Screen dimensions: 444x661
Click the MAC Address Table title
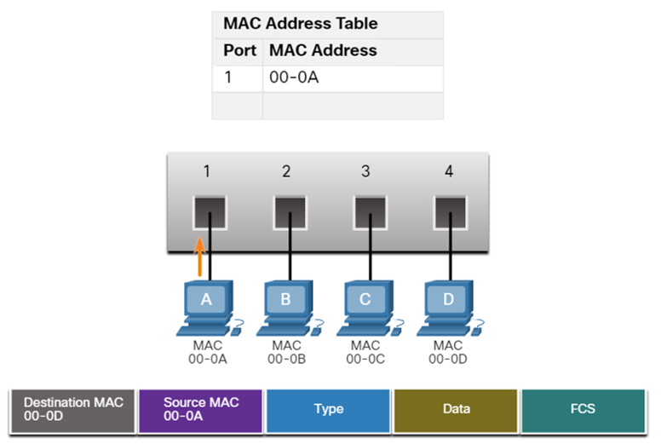coord(300,23)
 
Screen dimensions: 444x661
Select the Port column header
coord(239,50)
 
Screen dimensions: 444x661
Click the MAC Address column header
coord(323,50)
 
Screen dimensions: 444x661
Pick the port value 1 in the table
coord(228,78)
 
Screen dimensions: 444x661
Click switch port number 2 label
coord(286,171)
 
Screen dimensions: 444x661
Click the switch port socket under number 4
coord(449,210)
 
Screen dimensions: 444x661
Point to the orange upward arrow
coord(200,257)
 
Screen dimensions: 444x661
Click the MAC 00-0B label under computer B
coord(286,352)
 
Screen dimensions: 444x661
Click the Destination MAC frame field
coord(73,409)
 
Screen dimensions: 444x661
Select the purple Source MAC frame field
coord(200,409)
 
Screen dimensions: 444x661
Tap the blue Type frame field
coord(328,409)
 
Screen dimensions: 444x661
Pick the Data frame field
coord(456,409)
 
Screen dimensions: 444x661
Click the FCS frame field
coord(583,409)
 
